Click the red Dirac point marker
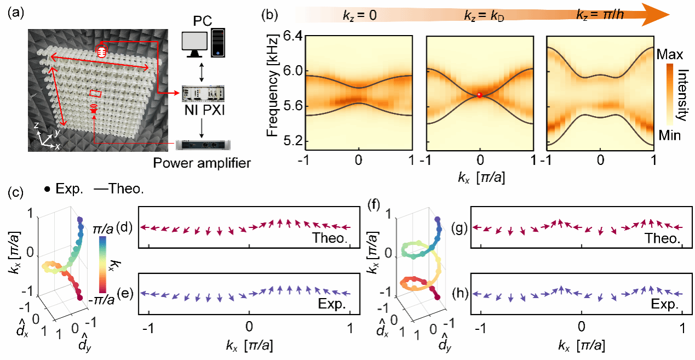pyautogui.click(x=480, y=95)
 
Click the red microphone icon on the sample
pyautogui.click(x=101, y=51)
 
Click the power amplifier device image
pyautogui.click(x=203, y=145)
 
